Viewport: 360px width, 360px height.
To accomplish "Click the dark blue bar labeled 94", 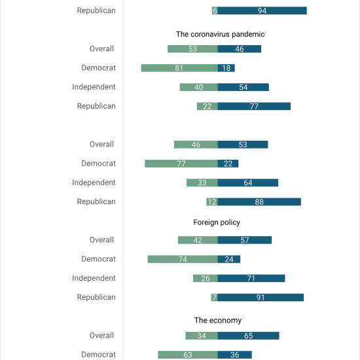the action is coord(262,10).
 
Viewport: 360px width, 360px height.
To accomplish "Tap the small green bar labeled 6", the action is coord(215,10).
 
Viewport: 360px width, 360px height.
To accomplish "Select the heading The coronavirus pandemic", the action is coord(220,34).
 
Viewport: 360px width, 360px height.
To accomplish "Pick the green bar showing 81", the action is coord(179,68).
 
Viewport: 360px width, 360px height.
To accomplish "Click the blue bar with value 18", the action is coord(226,68).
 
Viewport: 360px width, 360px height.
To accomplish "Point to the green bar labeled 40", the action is coord(199,87).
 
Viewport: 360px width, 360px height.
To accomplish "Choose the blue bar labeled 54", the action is coord(243,87).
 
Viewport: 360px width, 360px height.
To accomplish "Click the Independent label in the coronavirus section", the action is coord(94,87).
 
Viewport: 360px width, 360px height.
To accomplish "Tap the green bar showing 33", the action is coord(202,183).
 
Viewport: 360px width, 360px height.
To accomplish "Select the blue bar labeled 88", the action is coord(259,202).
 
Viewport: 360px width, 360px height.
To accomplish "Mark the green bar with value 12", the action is coord(212,202).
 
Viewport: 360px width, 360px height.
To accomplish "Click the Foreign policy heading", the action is coord(217,223).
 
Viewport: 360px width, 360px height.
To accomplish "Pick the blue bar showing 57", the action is coord(245,240).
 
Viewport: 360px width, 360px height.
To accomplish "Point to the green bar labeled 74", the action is coord(183,259).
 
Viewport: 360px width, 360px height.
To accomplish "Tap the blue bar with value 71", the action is coord(251,278).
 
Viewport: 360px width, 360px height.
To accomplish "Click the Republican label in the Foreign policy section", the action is coord(96,297).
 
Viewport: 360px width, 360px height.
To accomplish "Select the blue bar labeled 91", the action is coord(261,297).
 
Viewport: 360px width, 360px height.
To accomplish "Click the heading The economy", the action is coord(218,320).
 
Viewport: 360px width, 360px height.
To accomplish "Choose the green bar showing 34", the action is coord(202,336).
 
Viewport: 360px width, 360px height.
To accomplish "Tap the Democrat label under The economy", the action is coord(98,354).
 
